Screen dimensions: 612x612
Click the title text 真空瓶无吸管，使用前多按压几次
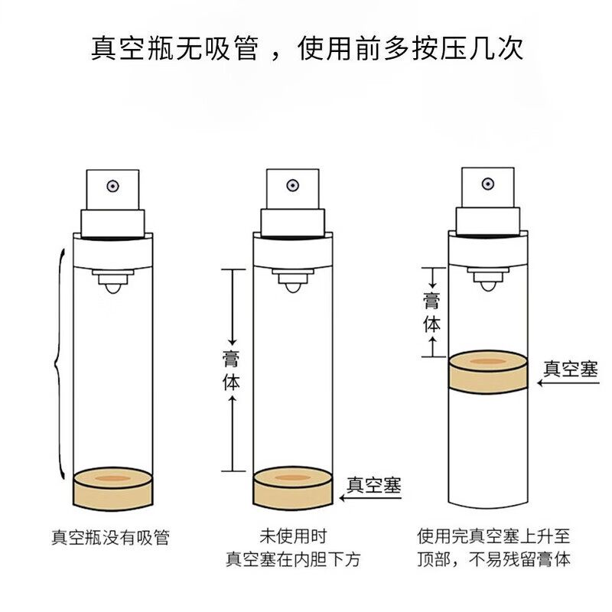[307, 47]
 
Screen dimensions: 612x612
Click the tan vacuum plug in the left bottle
[112, 487]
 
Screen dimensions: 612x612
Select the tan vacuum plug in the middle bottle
[294, 487]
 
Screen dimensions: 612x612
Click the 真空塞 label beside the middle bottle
[374, 483]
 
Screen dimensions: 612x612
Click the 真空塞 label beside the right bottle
[569, 368]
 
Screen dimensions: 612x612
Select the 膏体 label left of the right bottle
[432, 311]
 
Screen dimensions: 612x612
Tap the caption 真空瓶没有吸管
[110, 538]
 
